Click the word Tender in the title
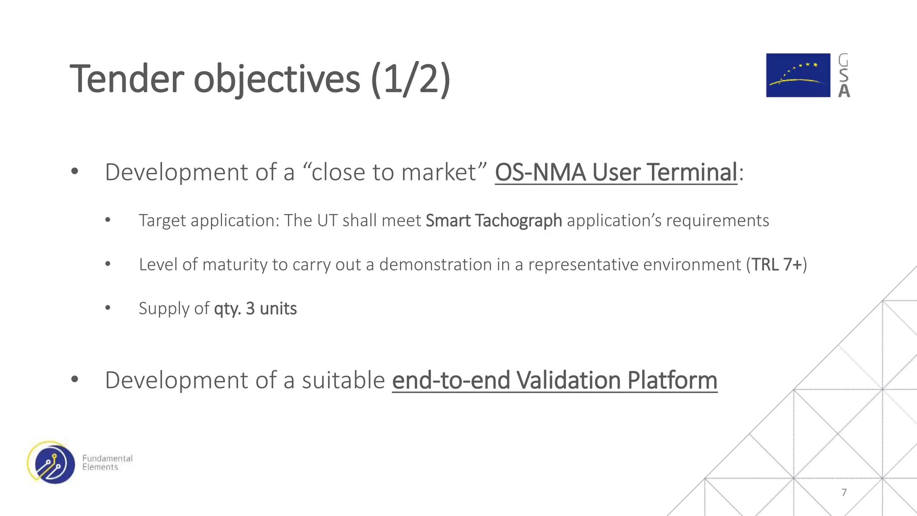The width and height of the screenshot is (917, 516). (127, 79)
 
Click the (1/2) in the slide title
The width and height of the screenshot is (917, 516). (410, 79)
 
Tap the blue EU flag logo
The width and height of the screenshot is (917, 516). (797, 75)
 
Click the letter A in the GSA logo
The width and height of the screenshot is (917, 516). (844, 91)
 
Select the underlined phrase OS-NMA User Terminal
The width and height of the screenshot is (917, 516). (616, 172)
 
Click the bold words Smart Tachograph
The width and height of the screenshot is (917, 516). (493, 221)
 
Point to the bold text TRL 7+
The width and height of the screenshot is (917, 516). (776, 265)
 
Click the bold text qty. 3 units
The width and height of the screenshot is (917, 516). (255, 309)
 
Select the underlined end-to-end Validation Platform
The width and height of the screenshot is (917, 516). (554, 381)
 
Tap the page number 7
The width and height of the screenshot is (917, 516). (844, 493)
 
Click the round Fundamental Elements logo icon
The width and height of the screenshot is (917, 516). (51, 463)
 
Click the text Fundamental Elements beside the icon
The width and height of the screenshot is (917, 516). (107, 463)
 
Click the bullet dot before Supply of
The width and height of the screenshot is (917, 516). (107, 308)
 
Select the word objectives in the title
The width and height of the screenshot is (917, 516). (276, 79)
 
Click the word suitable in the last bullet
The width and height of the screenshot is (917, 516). (343, 381)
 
